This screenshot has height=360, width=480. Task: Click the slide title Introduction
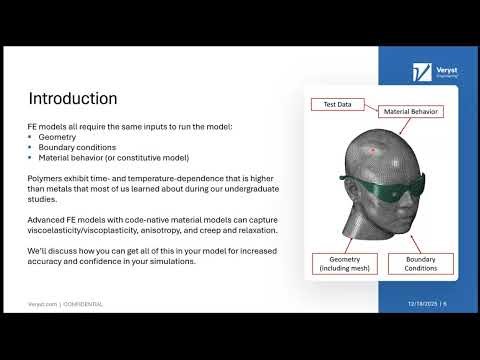73,99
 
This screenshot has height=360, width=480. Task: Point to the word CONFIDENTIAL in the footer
82,303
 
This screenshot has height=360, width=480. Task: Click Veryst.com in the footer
42,303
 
